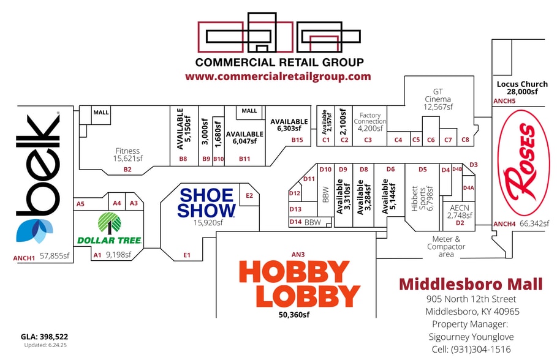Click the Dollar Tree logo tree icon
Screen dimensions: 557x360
[110, 223]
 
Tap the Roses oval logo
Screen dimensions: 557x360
[524, 163]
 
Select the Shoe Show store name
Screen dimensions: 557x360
[207, 203]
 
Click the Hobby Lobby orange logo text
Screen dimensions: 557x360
[300, 283]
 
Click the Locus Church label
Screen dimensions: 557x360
[522, 84]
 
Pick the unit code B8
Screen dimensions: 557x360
[183, 159]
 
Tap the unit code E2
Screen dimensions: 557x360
[249, 196]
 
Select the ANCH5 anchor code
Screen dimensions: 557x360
[504, 101]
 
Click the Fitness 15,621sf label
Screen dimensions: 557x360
[127, 155]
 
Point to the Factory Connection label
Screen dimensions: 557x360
[369, 118]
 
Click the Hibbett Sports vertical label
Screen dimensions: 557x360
[422, 198]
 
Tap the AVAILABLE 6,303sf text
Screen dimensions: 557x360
[289, 125]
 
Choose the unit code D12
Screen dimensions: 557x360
[295, 193]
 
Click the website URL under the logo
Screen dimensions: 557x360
[278, 77]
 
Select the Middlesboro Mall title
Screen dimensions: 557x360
[471, 284]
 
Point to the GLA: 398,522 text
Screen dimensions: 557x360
[44, 337]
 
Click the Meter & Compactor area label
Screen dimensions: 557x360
[446, 247]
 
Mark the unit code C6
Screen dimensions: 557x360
[431, 140]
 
